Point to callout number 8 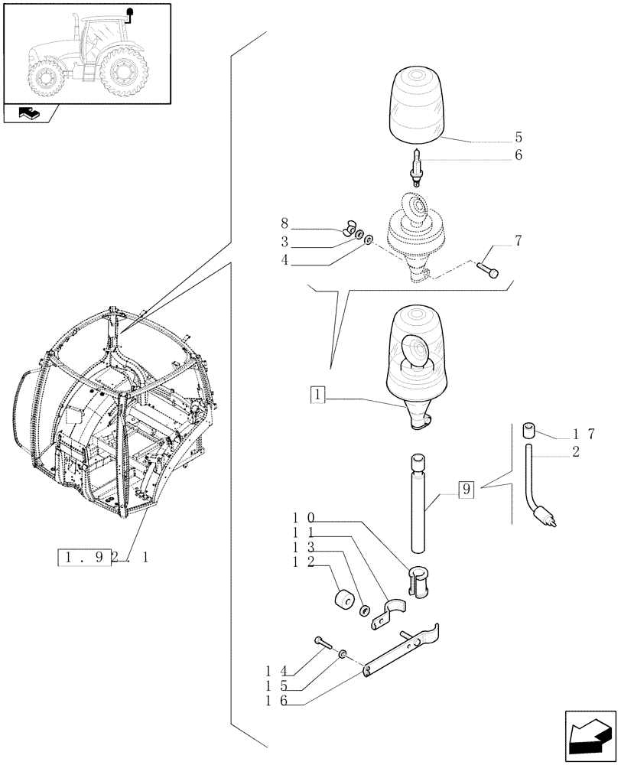click(284, 223)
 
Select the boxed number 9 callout click(466, 489)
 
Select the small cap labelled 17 click(527, 429)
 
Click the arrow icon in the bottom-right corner click(588, 736)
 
